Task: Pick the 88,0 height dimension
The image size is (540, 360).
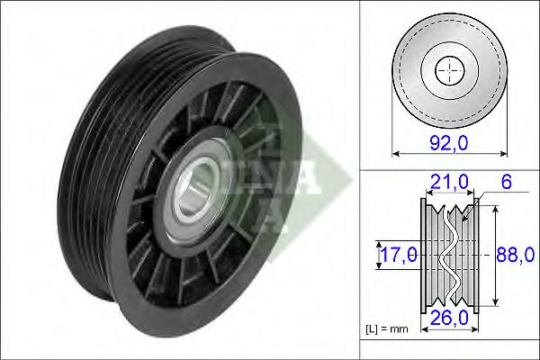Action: (x=510, y=255)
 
